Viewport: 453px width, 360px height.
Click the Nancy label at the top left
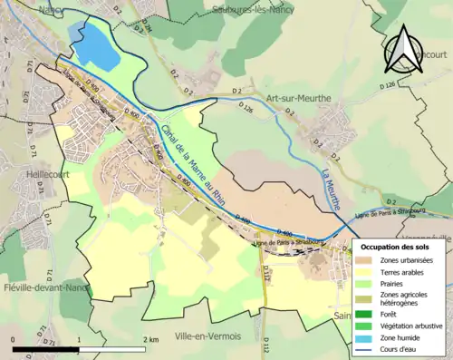51,8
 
